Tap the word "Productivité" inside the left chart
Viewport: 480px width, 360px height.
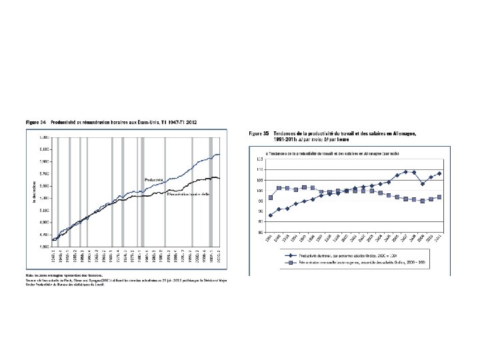tap(155, 181)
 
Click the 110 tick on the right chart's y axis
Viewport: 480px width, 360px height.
tap(258, 170)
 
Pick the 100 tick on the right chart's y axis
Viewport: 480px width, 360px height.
tap(258, 191)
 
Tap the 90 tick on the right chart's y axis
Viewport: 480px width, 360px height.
tap(259, 211)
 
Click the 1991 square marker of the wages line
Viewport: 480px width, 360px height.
tap(271, 197)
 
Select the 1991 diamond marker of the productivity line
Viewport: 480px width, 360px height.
tap(271, 215)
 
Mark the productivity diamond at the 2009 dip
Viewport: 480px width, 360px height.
tap(423, 184)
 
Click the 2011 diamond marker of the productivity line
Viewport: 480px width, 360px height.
tap(439, 173)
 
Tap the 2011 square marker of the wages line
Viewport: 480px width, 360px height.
tap(439, 197)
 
